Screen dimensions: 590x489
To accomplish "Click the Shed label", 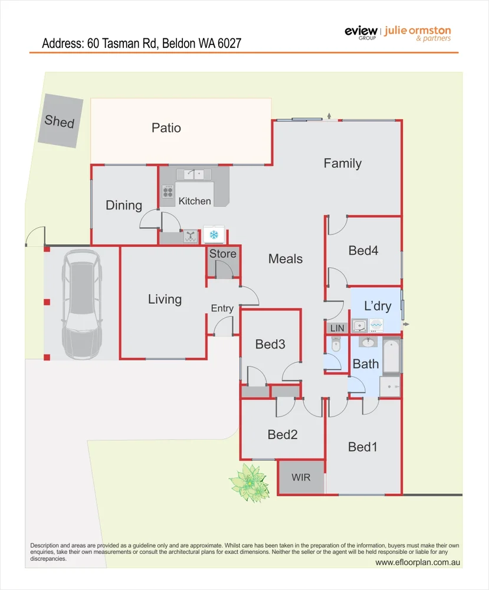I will (x=60, y=122).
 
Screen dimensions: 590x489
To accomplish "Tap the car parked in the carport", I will (x=83, y=304).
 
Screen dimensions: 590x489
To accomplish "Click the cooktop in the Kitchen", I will (x=168, y=191).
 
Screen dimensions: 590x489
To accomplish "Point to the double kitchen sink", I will (x=194, y=174).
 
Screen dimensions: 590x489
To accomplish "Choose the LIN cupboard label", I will (x=337, y=328).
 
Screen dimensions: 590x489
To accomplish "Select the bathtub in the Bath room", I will (x=392, y=356).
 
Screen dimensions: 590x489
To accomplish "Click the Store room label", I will (x=223, y=254).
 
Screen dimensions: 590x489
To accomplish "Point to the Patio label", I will (x=166, y=127).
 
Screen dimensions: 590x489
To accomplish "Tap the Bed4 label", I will (x=363, y=250).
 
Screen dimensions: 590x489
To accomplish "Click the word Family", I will (x=342, y=163).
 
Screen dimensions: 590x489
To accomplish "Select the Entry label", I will (x=222, y=308).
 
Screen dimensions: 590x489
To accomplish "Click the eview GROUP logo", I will (x=360, y=32).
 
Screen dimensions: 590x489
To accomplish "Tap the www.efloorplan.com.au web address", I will (x=417, y=562).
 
